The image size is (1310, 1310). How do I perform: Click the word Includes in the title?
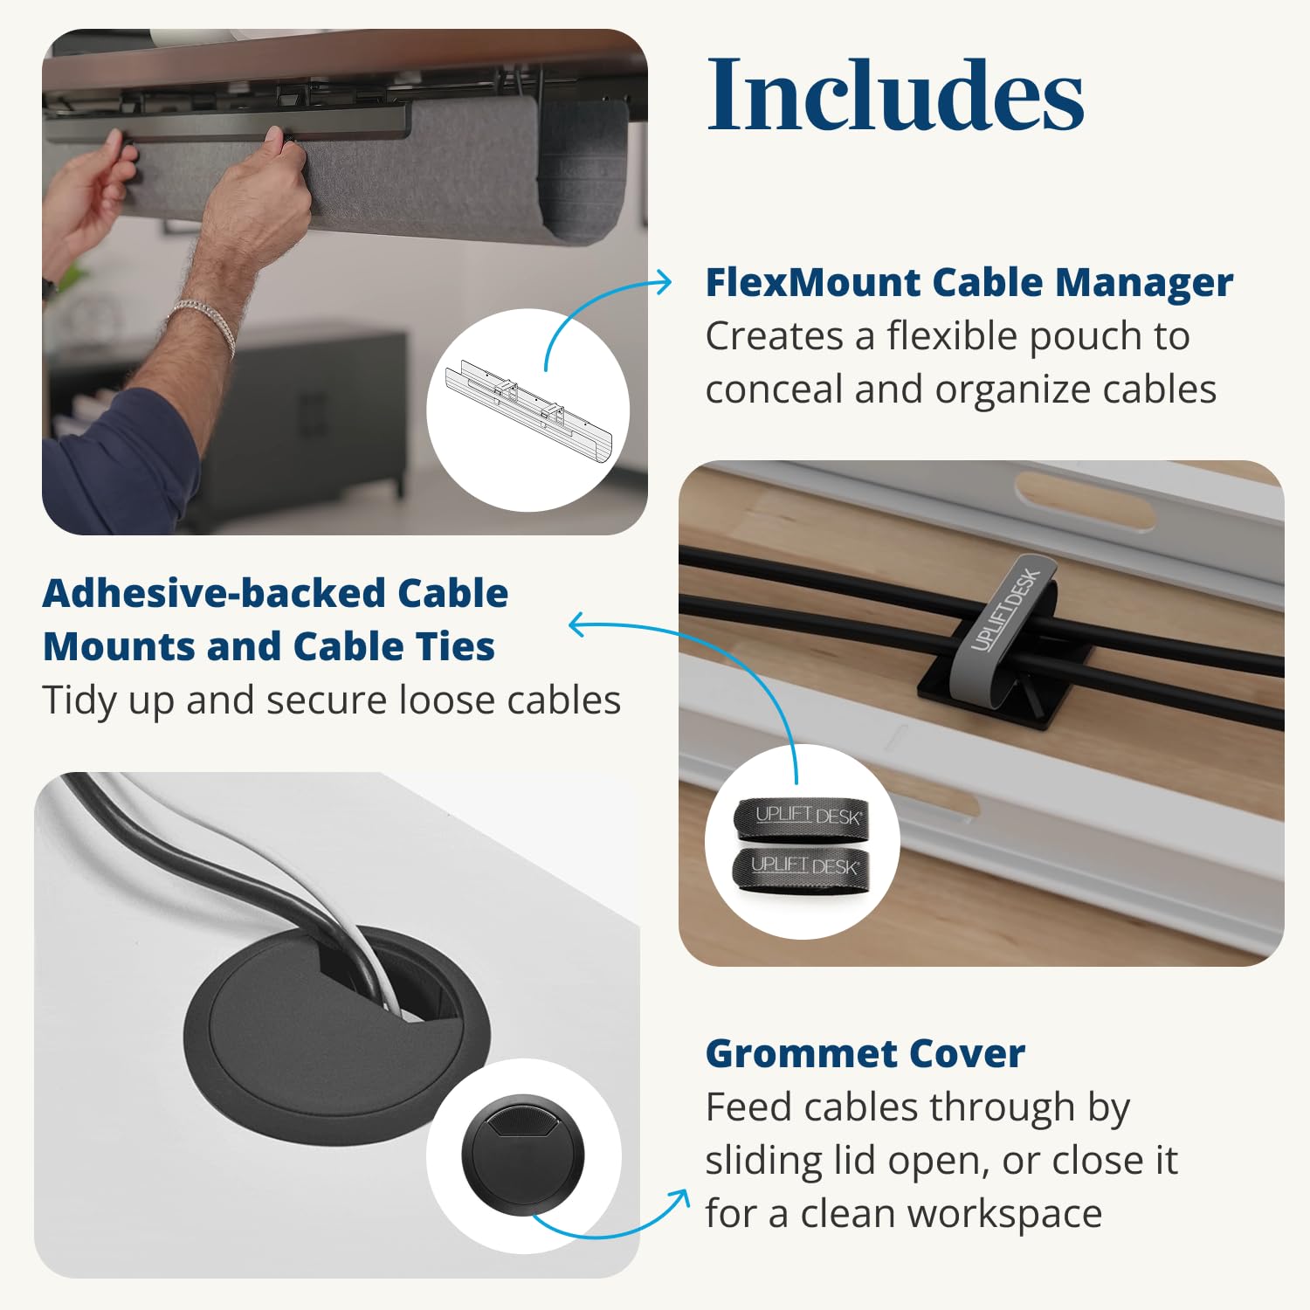(895, 94)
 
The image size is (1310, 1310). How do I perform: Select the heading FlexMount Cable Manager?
(969, 282)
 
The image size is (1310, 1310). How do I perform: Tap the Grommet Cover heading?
(865, 1053)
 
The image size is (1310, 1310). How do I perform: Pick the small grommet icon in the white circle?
(522, 1153)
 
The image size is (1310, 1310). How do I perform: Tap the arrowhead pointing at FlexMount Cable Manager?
(665, 282)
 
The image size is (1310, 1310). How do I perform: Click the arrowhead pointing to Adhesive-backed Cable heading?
(576, 624)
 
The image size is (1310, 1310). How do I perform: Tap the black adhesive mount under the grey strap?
(952, 690)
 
